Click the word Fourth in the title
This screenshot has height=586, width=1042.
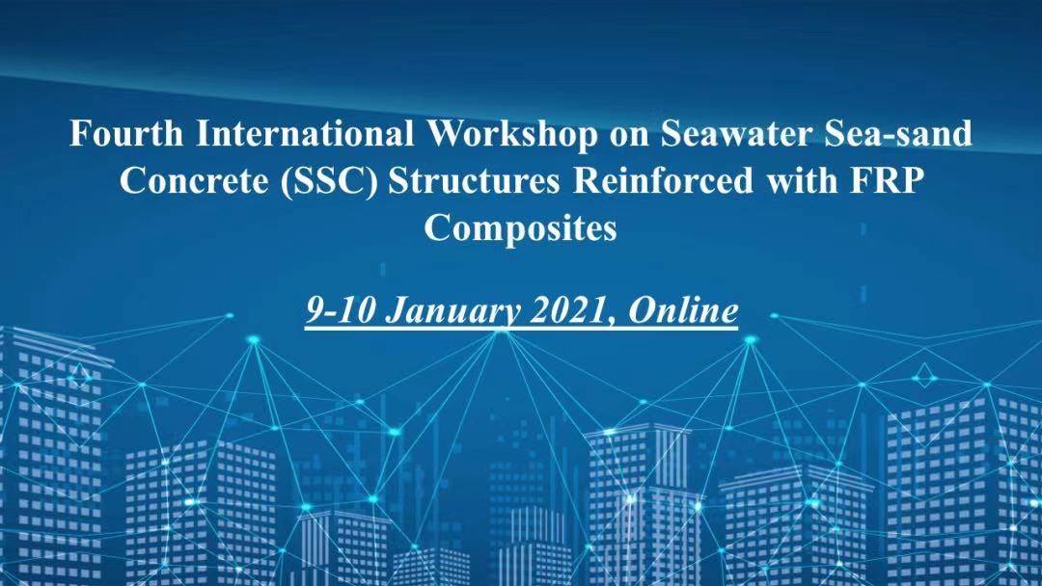click(x=126, y=133)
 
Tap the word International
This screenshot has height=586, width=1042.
click(x=305, y=133)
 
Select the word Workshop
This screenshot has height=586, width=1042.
click(x=511, y=135)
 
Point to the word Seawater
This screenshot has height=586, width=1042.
click(x=736, y=133)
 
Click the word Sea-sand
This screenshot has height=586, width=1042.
click(x=898, y=133)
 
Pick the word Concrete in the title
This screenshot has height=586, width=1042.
click(x=194, y=180)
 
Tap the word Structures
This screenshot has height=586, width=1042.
click(x=475, y=180)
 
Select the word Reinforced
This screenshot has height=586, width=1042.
click(x=663, y=180)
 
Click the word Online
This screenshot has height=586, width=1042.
click(x=683, y=310)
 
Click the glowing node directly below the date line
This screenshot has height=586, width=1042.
click(x=501, y=333)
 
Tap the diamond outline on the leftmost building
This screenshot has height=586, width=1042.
click(x=79, y=375)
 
